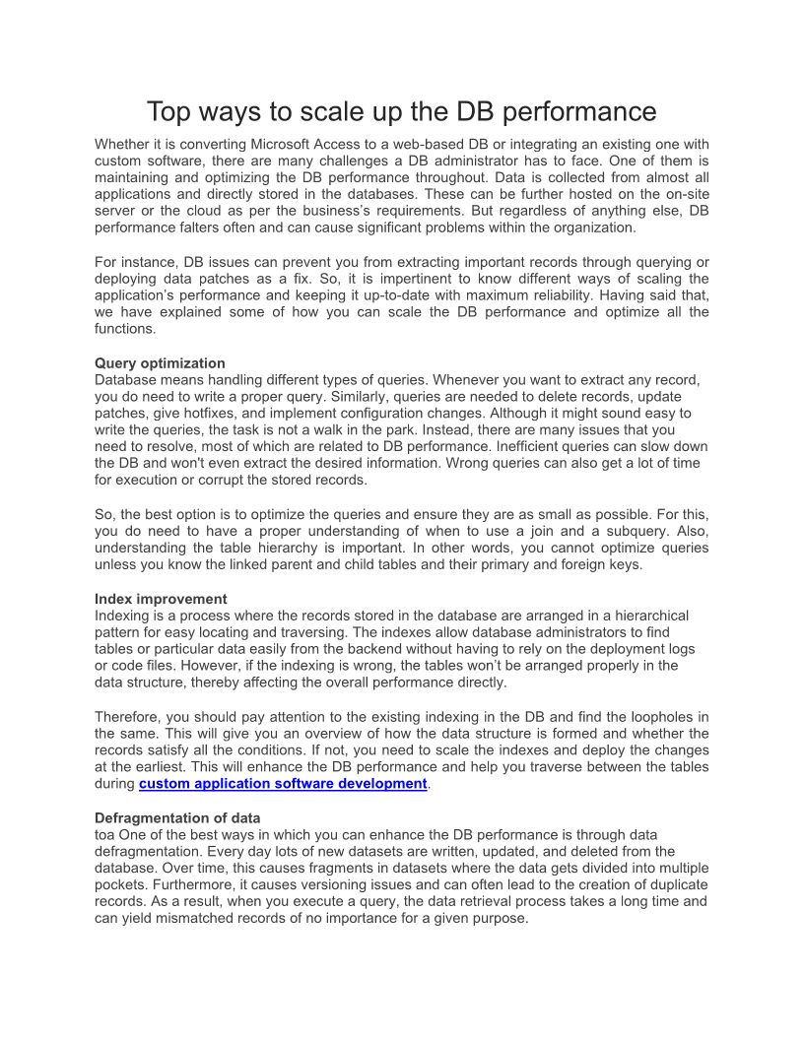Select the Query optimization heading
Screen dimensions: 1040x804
tap(160, 363)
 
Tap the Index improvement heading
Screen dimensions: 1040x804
tap(161, 599)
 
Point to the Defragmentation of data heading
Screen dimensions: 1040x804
tap(177, 818)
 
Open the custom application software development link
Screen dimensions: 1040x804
tap(283, 784)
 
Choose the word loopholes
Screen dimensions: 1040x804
tap(638, 717)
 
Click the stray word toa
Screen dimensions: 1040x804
tap(104, 834)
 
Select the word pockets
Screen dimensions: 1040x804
tap(120, 885)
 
